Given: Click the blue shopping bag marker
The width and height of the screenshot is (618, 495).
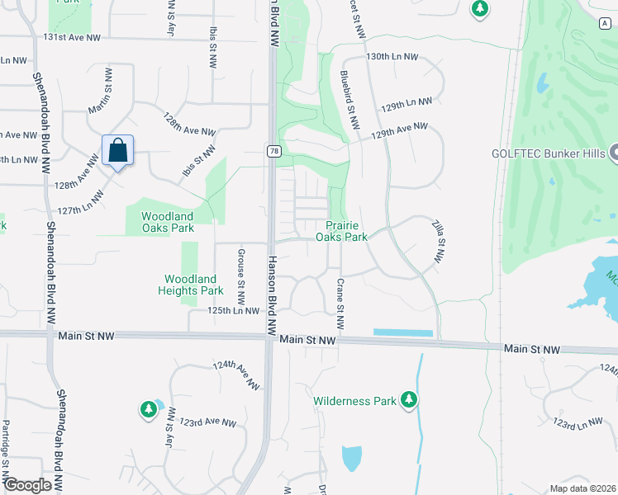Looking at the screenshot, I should point(118,151).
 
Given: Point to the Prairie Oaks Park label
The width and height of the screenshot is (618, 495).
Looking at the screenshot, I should point(341,230).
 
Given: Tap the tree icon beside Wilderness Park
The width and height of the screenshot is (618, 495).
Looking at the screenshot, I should point(408,400).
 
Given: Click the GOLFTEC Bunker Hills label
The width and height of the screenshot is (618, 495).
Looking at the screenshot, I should point(547,153).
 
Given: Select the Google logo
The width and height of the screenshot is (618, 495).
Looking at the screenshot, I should point(27,485).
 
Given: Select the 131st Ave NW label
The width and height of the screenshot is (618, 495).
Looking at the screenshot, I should point(72,38).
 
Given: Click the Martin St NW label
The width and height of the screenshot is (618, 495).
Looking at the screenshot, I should point(108,92).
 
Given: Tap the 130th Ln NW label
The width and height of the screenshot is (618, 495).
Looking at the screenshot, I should point(392,57).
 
